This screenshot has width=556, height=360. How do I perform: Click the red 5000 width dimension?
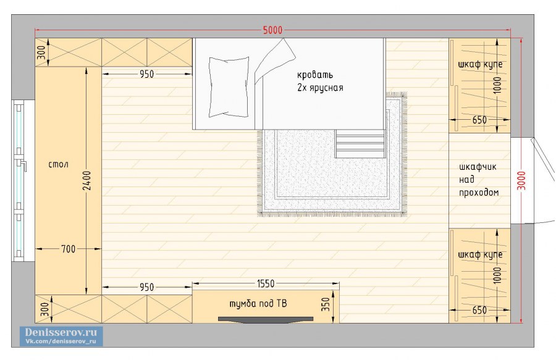pos(272,30)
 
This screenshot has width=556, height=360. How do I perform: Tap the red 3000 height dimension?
pos(521,180)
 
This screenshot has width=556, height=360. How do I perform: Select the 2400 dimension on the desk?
pos(87,180)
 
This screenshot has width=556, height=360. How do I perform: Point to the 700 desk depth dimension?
pos(68,249)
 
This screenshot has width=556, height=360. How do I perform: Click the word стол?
pos(58,164)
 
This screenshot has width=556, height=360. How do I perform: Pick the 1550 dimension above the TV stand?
pos(266,283)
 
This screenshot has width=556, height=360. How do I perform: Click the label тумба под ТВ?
pos(258,304)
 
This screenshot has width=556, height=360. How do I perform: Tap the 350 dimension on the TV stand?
pos(326,304)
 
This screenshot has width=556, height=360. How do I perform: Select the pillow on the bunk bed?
pos(229,87)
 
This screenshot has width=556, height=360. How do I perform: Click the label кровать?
pos(315,75)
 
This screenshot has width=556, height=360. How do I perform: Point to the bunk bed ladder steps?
pos(360,143)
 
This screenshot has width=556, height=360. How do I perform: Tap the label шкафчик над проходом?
pos(479,180)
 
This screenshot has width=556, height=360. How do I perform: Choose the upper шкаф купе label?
pos(480,64)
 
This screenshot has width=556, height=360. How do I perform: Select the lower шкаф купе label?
pos(480,254)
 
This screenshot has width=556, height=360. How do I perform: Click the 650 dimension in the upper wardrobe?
pos(479,120)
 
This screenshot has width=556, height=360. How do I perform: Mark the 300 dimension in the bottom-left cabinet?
pos(44,309)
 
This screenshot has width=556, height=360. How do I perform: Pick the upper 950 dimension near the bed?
pos(146,74)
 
